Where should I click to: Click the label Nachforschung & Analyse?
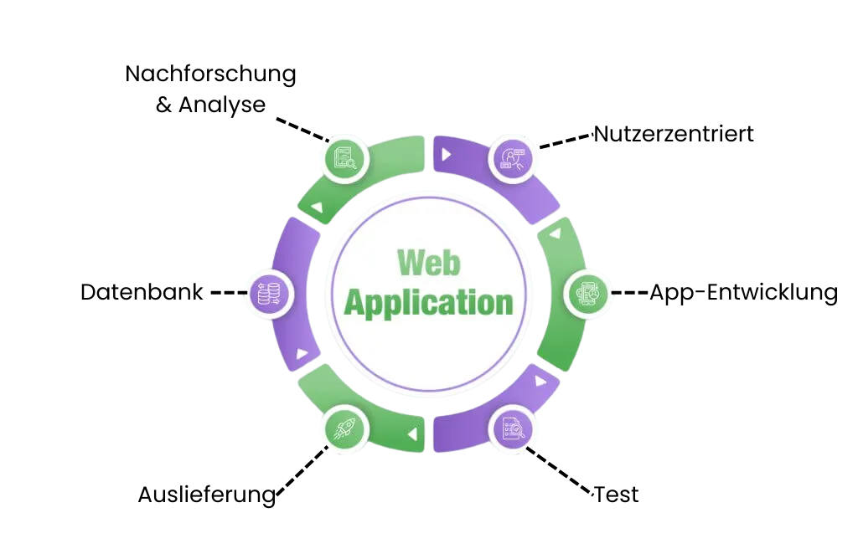pos(210,90)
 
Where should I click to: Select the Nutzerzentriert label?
pos(674,133)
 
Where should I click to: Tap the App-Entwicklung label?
pos(743,292)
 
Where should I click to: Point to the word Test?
pos(617,495)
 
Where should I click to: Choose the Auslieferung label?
pos(206,495)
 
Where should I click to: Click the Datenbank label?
pos(142,292)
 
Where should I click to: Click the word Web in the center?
pos(428,263)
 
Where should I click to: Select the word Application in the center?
pos(428,302)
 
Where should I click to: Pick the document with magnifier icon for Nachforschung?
pos(345,156)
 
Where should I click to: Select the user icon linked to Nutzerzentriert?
pos(510,156)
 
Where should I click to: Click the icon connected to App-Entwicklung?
pos(586,293)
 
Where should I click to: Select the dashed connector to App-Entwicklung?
pos(629,293)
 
